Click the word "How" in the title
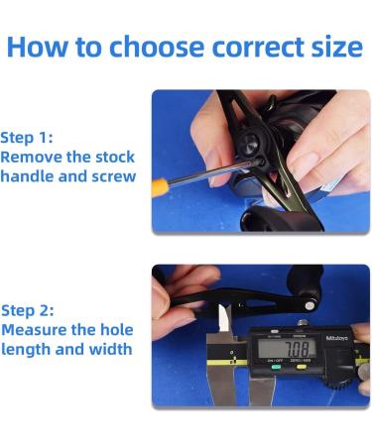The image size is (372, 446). point(37,47)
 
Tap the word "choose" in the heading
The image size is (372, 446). point(157,47)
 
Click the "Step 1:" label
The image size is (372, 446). point(27,138)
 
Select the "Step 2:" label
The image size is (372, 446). point(27,310)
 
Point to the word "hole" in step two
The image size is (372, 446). point(117,329)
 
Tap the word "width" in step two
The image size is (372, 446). point(110,349)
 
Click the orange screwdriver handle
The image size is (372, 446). point(160,188)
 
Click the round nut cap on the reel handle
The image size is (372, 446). point(250,144)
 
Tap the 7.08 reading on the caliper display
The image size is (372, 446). point(297,349)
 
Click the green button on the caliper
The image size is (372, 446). point(276,367)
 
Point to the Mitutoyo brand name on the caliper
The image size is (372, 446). point(336,338)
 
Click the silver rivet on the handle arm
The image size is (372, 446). point(310,305)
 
